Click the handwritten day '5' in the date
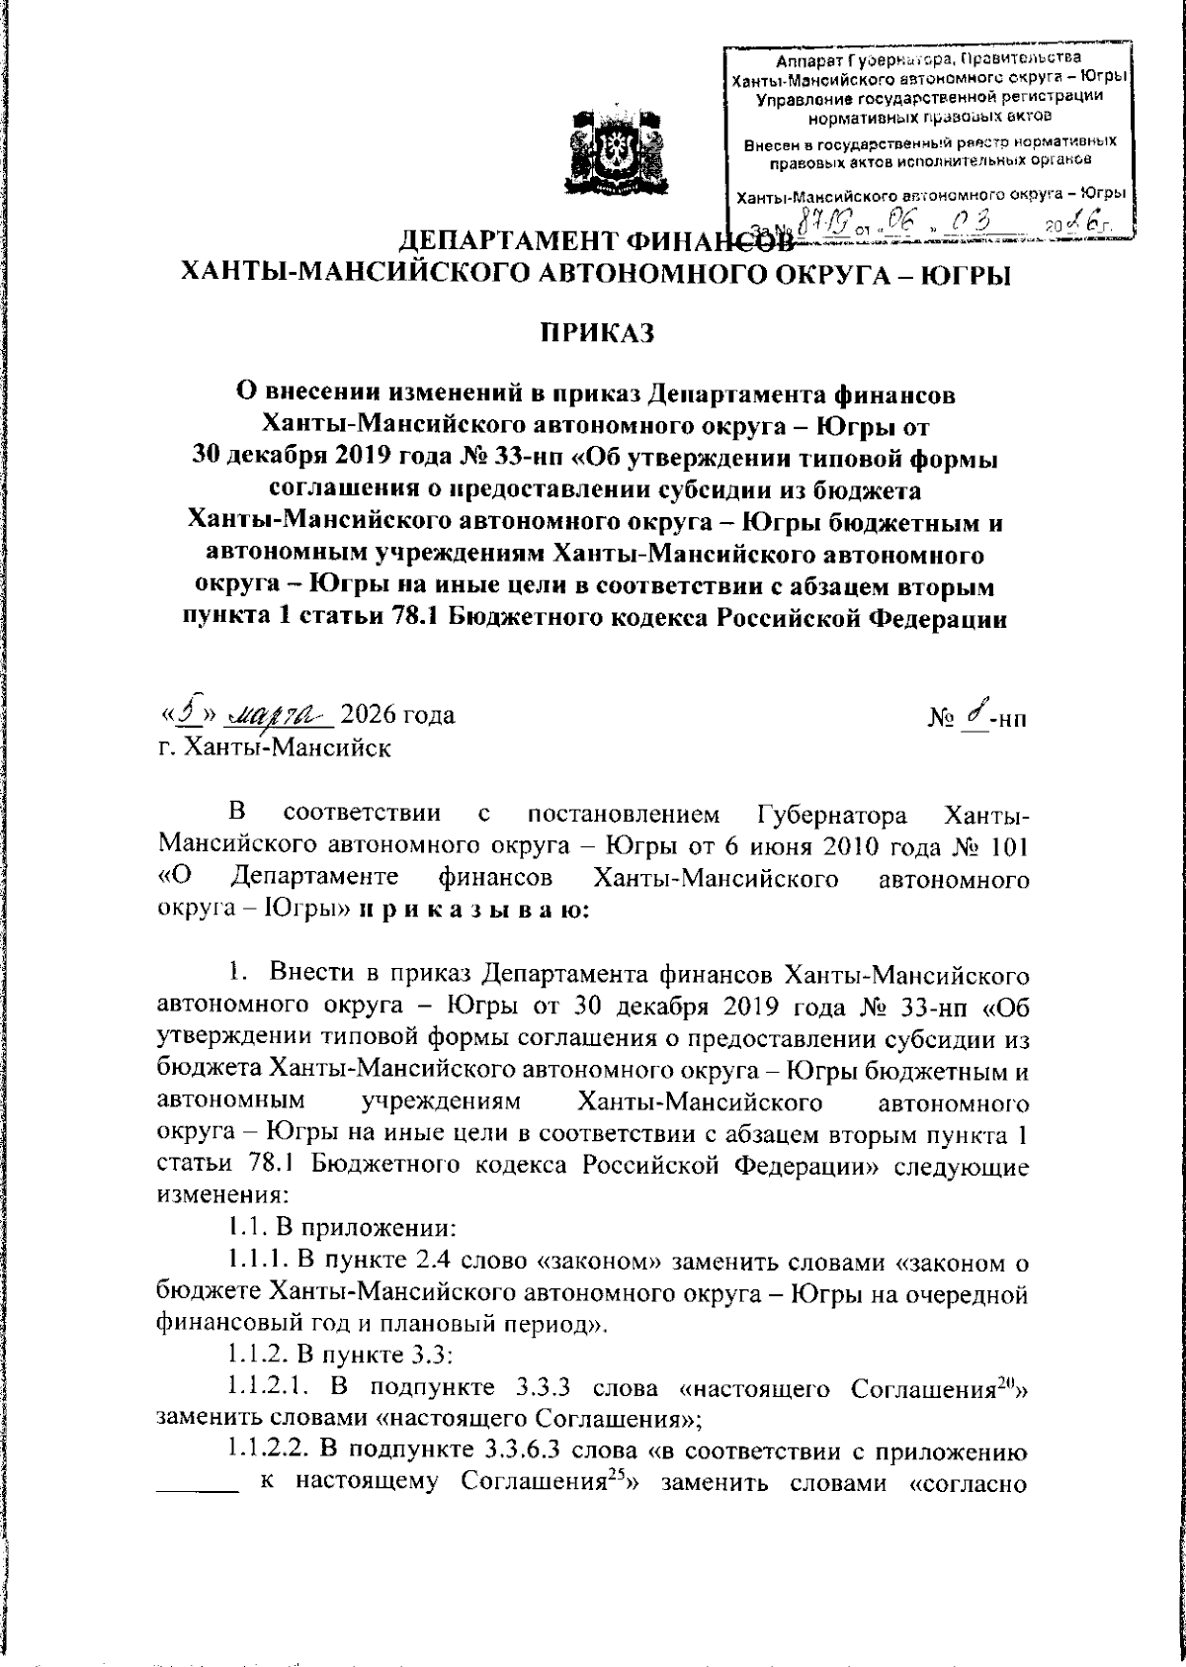185,712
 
